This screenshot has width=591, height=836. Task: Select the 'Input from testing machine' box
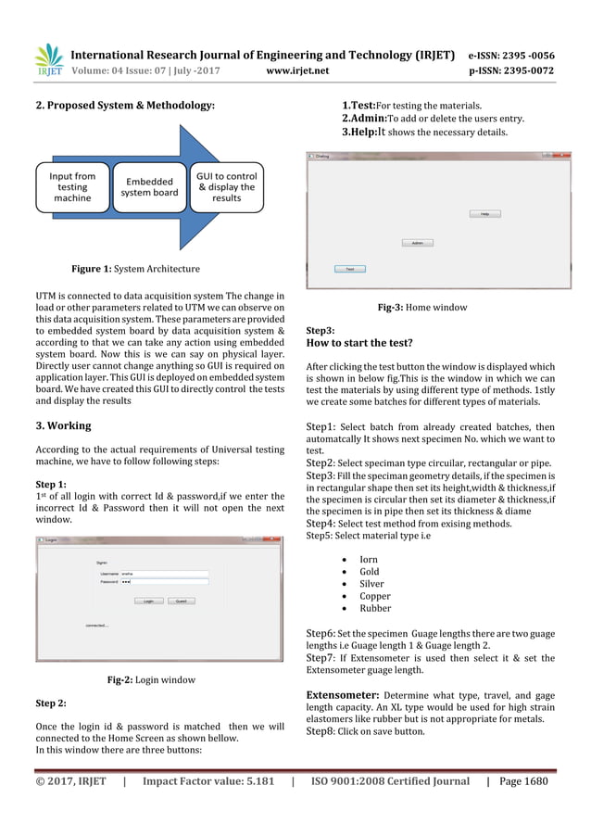tap(71, 187)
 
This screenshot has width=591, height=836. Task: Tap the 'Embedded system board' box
tap(149, 187)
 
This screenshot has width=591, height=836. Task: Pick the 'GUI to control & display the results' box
tap(226, 186)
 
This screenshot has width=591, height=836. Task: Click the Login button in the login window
tap(148, 601)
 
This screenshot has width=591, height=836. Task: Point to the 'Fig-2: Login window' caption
tap(151, 679)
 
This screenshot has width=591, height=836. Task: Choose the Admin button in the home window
tap(417, 243)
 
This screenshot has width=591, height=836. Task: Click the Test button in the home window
tap(349, 269)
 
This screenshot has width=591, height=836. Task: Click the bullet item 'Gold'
tap(369, 573)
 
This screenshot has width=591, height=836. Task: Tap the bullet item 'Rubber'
tap(375, 609)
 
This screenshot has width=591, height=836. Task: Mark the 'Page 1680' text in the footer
tap(523, 781)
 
